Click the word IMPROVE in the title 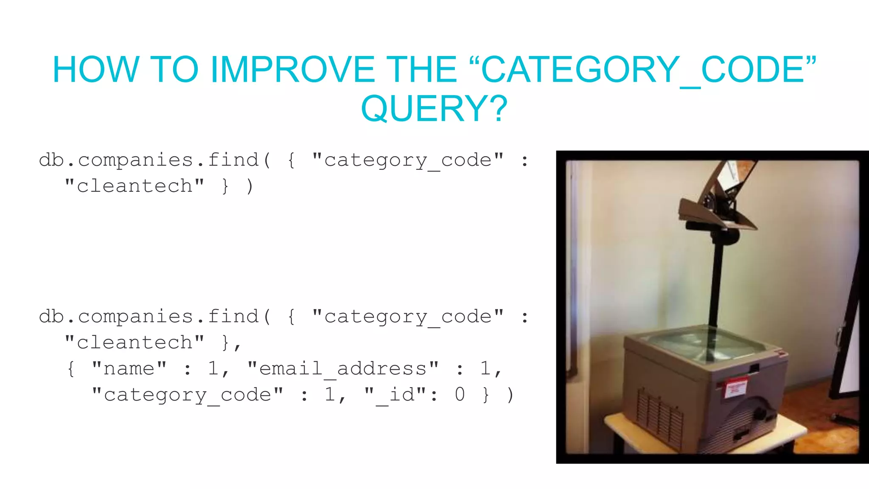292,70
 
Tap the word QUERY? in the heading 434,109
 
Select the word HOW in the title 95,70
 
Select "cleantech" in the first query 134,186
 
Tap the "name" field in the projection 129,369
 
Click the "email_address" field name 343,369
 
